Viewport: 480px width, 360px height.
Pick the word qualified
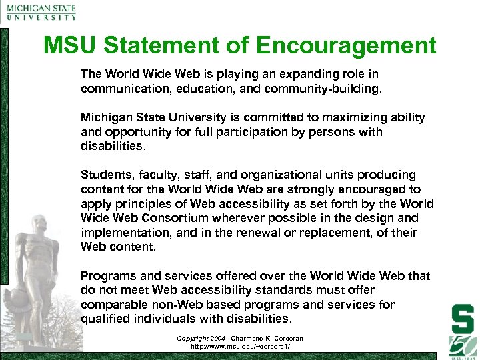click(105, 319)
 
